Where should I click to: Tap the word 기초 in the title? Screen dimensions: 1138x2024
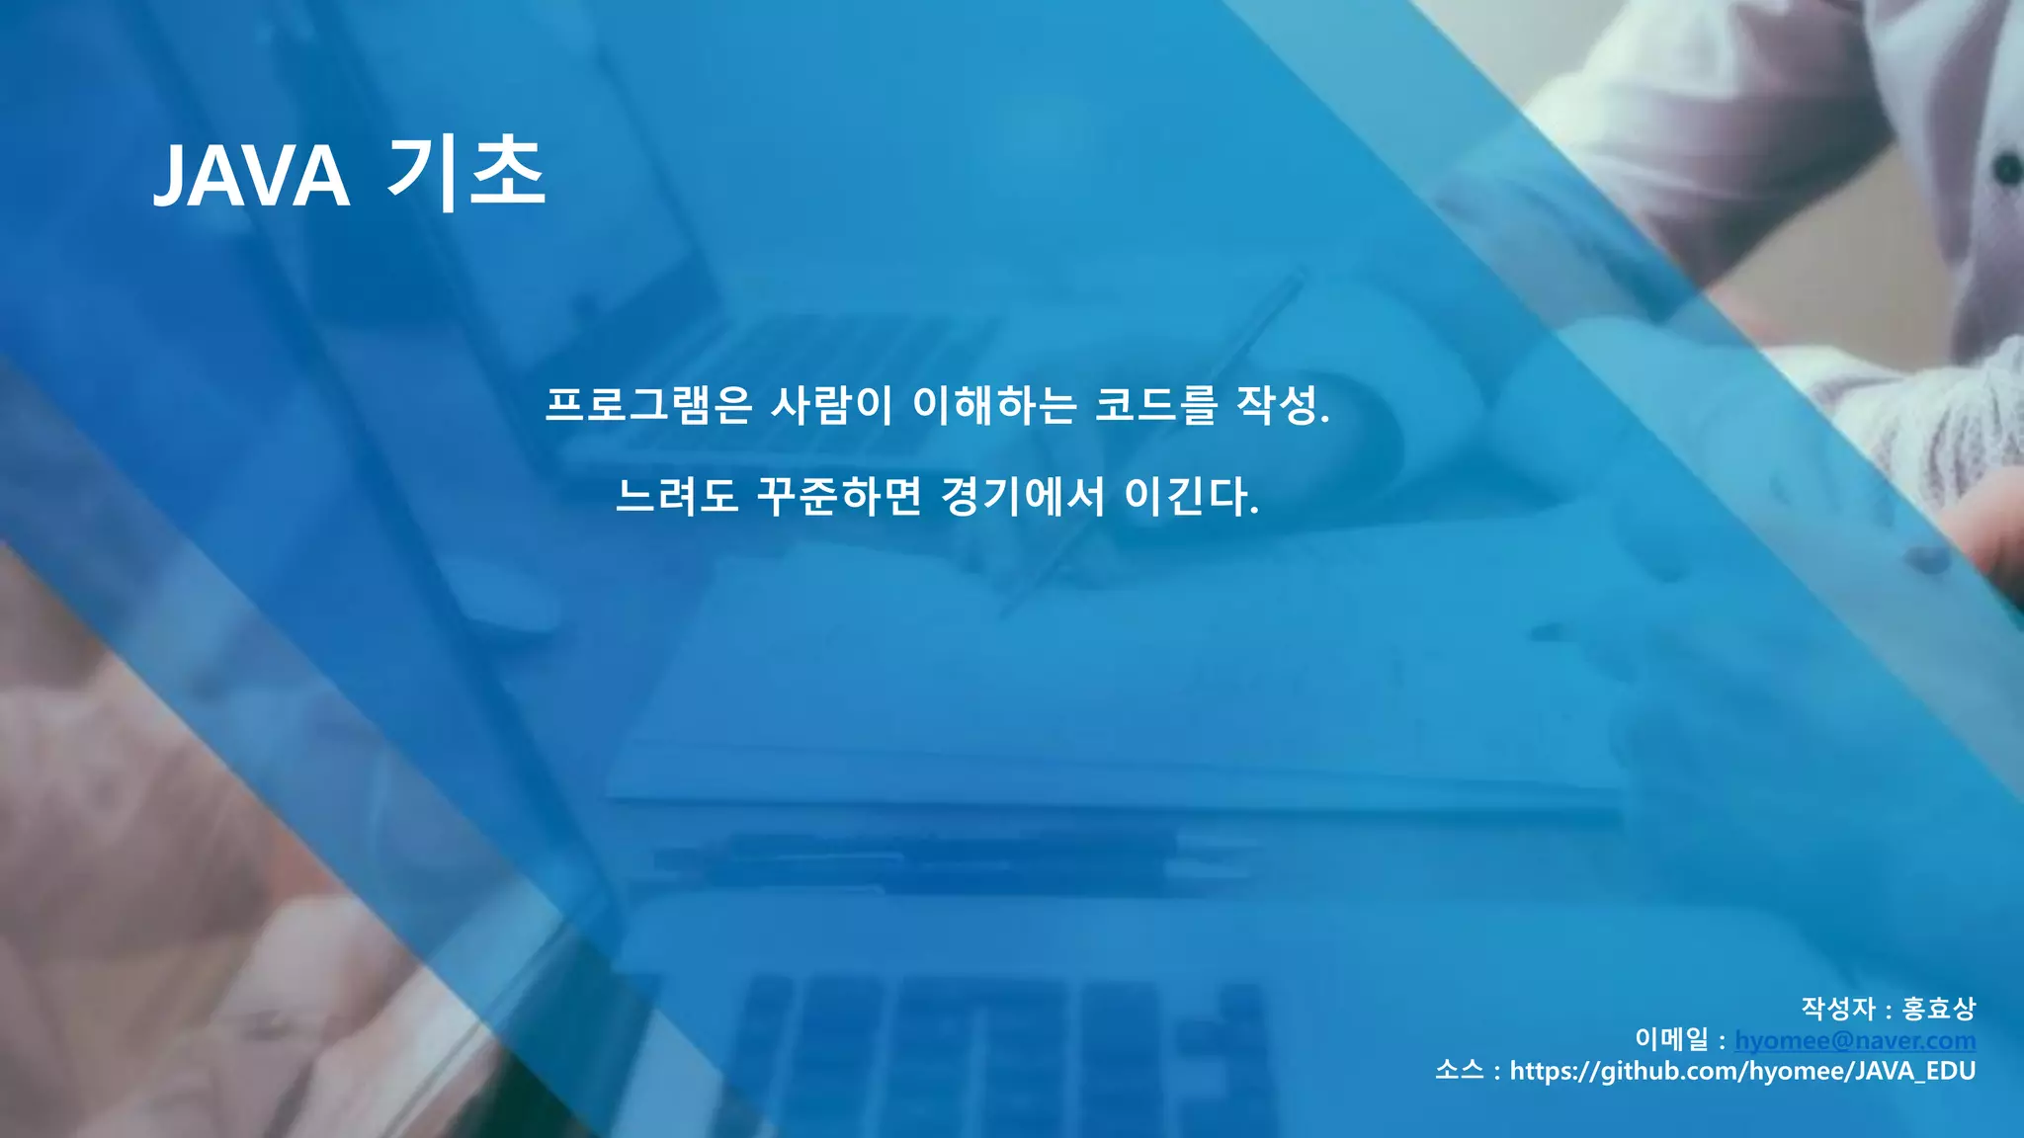coord(465,173)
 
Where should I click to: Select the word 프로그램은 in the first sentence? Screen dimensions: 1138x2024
coord(649,405)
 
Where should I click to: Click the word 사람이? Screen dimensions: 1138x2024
coord(831,405)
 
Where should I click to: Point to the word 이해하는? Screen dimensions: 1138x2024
coord(994,405)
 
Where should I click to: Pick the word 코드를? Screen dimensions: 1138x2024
coord(1156,405)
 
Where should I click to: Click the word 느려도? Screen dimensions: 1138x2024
coord(677,496)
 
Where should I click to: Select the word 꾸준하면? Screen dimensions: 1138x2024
coord(839,496)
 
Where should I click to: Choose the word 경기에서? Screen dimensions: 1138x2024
coord(1023,496)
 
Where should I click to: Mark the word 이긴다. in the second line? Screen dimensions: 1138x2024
coord(1192,496)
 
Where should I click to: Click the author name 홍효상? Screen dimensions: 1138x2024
coord(1938,1009)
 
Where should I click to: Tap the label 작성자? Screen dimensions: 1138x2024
coord(1837,1009)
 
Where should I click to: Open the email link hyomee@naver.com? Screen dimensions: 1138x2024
coord(1855,1040)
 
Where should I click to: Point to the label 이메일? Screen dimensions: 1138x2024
coord(1671,1040)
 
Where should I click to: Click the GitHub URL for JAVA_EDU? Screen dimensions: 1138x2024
coord(1742,1072)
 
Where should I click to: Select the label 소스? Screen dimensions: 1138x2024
coord(1460,1072)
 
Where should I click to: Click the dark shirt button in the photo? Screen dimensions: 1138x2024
coord(2007,169)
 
